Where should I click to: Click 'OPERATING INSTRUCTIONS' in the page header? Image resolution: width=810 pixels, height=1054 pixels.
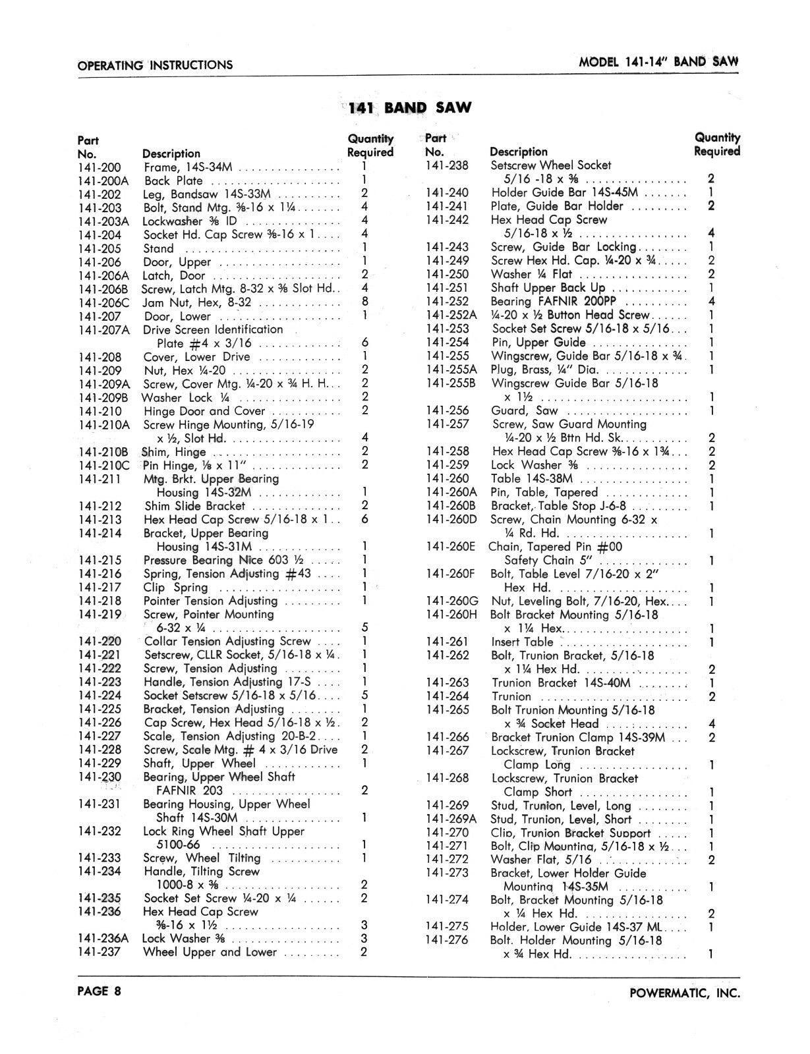[x=155, y=65]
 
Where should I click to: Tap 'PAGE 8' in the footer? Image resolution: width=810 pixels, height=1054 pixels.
[x=99, y=991]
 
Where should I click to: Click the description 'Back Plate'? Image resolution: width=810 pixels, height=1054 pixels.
[x=165, y=181]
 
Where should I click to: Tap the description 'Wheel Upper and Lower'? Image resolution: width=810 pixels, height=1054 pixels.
[x=210, y=952]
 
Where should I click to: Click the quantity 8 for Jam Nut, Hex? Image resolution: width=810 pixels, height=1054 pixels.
[x=364, y=302]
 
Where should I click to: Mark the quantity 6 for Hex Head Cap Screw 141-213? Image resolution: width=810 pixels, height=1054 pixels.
[x=364, y=520]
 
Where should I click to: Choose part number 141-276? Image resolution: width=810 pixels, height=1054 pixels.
[x=447, y=940]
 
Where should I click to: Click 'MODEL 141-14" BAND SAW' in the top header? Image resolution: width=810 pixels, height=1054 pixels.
[x=658, y=63]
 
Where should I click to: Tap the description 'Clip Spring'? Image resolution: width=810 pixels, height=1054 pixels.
[x=175, y=588]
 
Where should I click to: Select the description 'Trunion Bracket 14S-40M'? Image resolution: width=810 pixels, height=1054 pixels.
[x=561, y=683]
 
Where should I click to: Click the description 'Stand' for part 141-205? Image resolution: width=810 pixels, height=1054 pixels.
[x=159, y=249]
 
